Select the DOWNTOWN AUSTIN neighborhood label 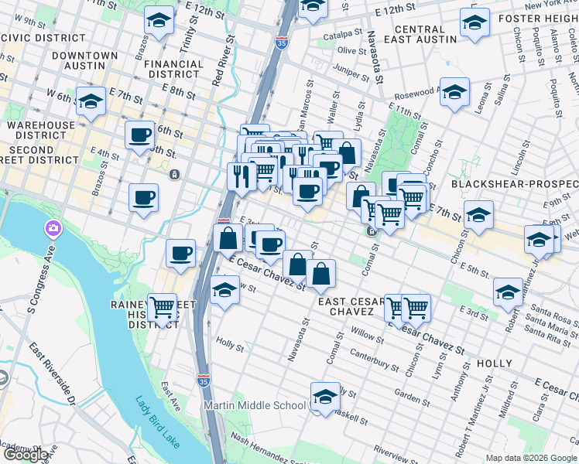[85, 62]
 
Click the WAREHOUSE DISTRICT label [41, 131]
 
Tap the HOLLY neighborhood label [495, 363]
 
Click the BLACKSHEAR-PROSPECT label [514, 184]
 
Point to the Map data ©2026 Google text [531, 458]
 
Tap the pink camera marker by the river [53, 230]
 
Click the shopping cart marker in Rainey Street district [162, 308]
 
